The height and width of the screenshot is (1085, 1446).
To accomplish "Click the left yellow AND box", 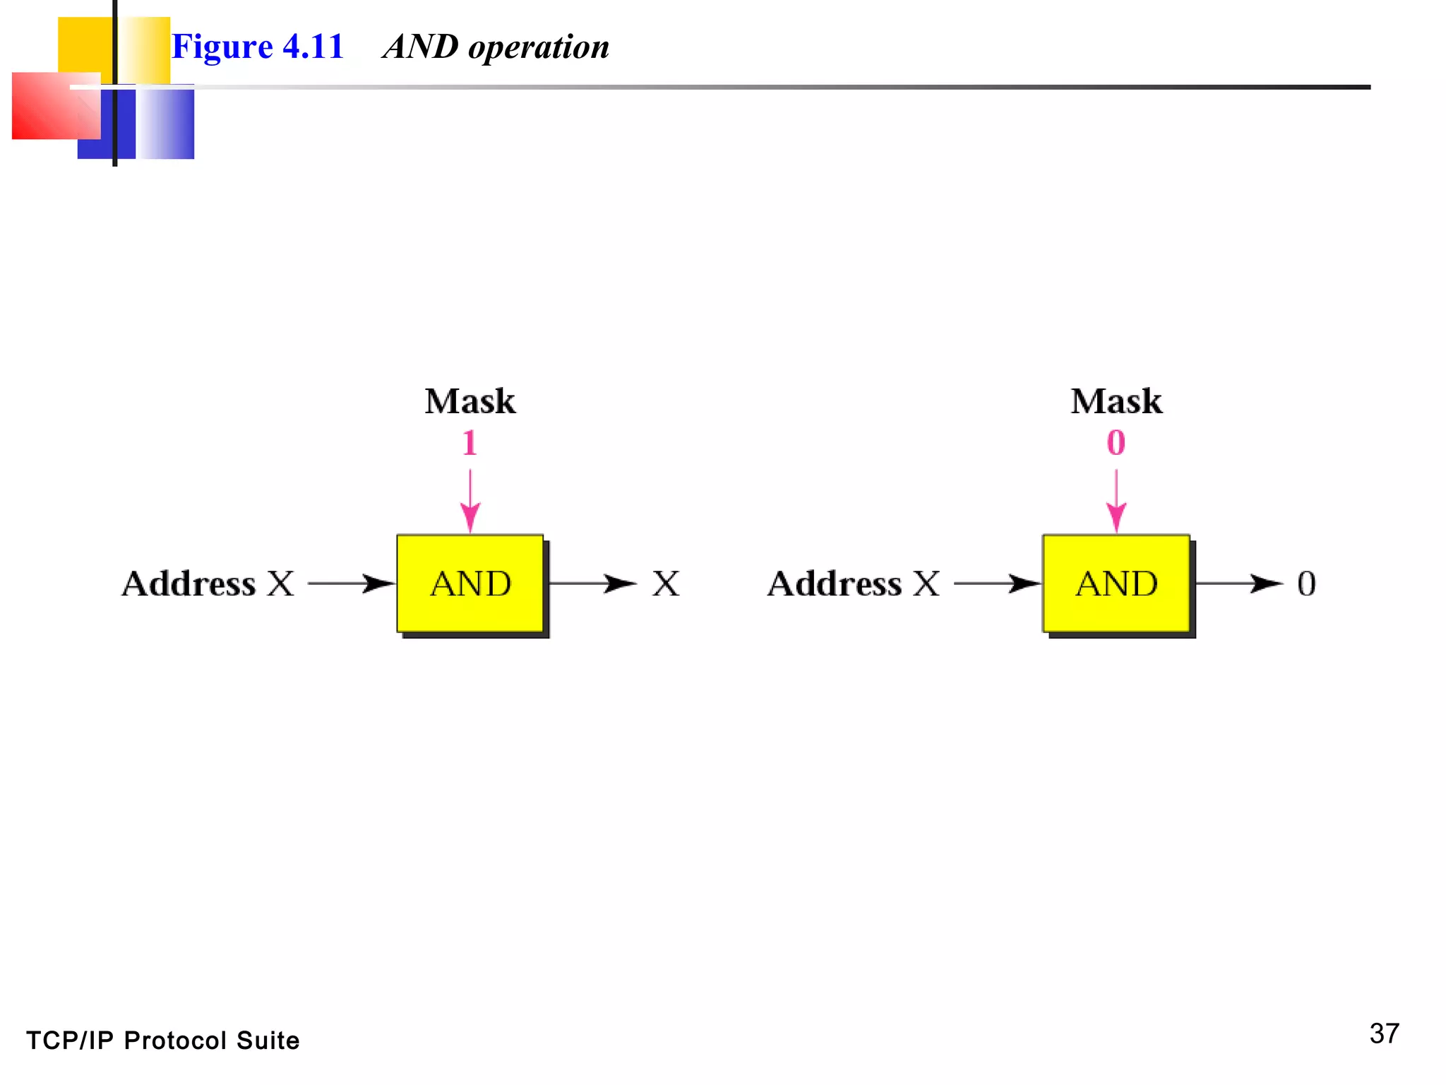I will point(470,583).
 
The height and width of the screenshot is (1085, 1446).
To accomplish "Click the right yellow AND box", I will point(1116,583).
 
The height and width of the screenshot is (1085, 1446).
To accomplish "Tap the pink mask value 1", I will point(470,444).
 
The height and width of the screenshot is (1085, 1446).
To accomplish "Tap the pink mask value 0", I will point(1116,444).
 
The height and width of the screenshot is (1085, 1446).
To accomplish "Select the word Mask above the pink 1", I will point(470,401).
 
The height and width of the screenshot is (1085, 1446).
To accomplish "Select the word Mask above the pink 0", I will point(1116,401).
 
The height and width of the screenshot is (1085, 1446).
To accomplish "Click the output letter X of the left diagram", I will point(666,584).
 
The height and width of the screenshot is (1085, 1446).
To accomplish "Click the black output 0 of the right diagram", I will point(1306,584).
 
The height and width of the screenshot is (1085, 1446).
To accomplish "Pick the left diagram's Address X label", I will point(208,584).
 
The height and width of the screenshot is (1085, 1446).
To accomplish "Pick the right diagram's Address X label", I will point(854,584).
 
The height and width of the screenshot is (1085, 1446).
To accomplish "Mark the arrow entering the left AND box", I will point(351,583).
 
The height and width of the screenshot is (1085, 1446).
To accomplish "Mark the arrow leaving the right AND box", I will point(1238,583).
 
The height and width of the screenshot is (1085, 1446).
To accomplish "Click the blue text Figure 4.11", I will point(258,47).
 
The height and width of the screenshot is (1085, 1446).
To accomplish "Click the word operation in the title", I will point(538,48).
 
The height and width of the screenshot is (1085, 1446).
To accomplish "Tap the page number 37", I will point(1384,1034).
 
